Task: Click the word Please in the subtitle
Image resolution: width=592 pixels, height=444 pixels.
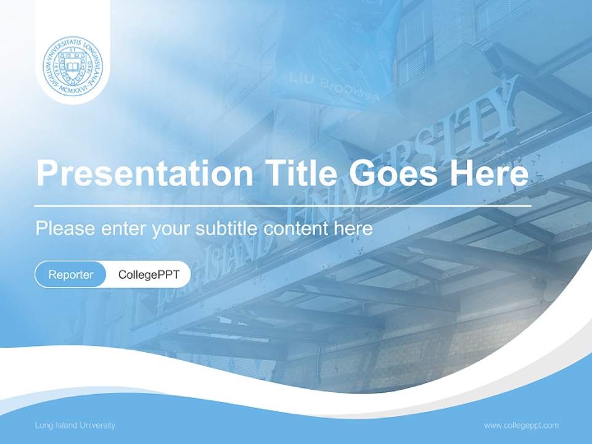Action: pos(64,228)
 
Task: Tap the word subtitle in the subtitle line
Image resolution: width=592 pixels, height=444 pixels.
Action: pos(228,228)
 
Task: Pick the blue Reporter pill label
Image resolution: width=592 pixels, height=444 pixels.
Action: pos(71,274)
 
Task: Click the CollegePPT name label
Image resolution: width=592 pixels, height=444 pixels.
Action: pos(149,274)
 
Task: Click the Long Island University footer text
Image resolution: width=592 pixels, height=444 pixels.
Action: pos(75,425)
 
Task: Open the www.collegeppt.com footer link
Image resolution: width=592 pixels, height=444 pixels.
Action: pos(521,425)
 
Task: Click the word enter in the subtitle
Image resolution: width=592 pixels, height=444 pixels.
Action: pos(122,228)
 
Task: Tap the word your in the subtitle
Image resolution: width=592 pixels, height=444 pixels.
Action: pos(171,229)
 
